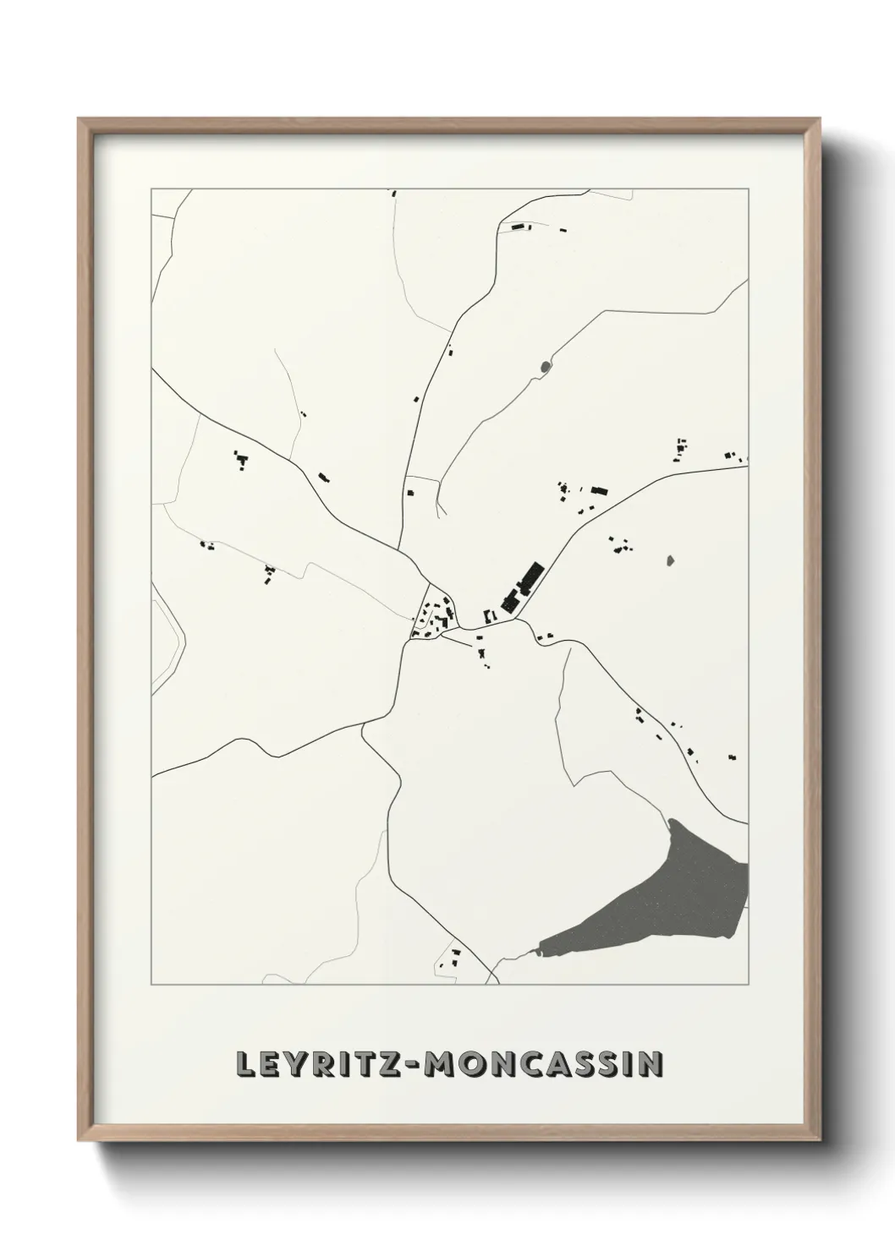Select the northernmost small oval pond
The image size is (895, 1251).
tap(544, 366)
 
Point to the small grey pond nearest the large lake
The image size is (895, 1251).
tap(672, 560)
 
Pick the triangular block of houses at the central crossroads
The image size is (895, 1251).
tap(434, 616)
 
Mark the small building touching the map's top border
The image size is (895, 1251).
tap(394, 194)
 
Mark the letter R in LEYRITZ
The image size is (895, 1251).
tap(315, 1065)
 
